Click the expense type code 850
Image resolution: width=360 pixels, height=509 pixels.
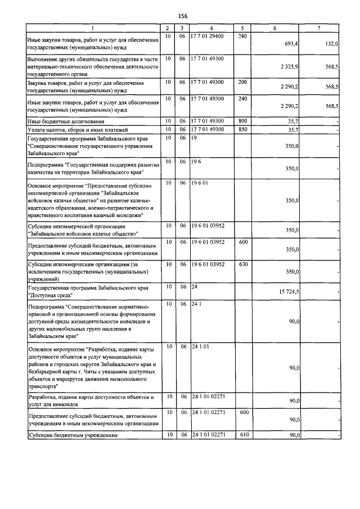242,129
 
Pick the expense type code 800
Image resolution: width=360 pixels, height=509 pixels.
242,121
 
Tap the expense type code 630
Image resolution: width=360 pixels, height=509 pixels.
242,264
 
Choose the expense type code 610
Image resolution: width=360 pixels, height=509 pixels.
242,435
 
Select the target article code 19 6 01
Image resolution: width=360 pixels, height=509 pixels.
200,182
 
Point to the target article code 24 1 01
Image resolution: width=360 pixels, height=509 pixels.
200,346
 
